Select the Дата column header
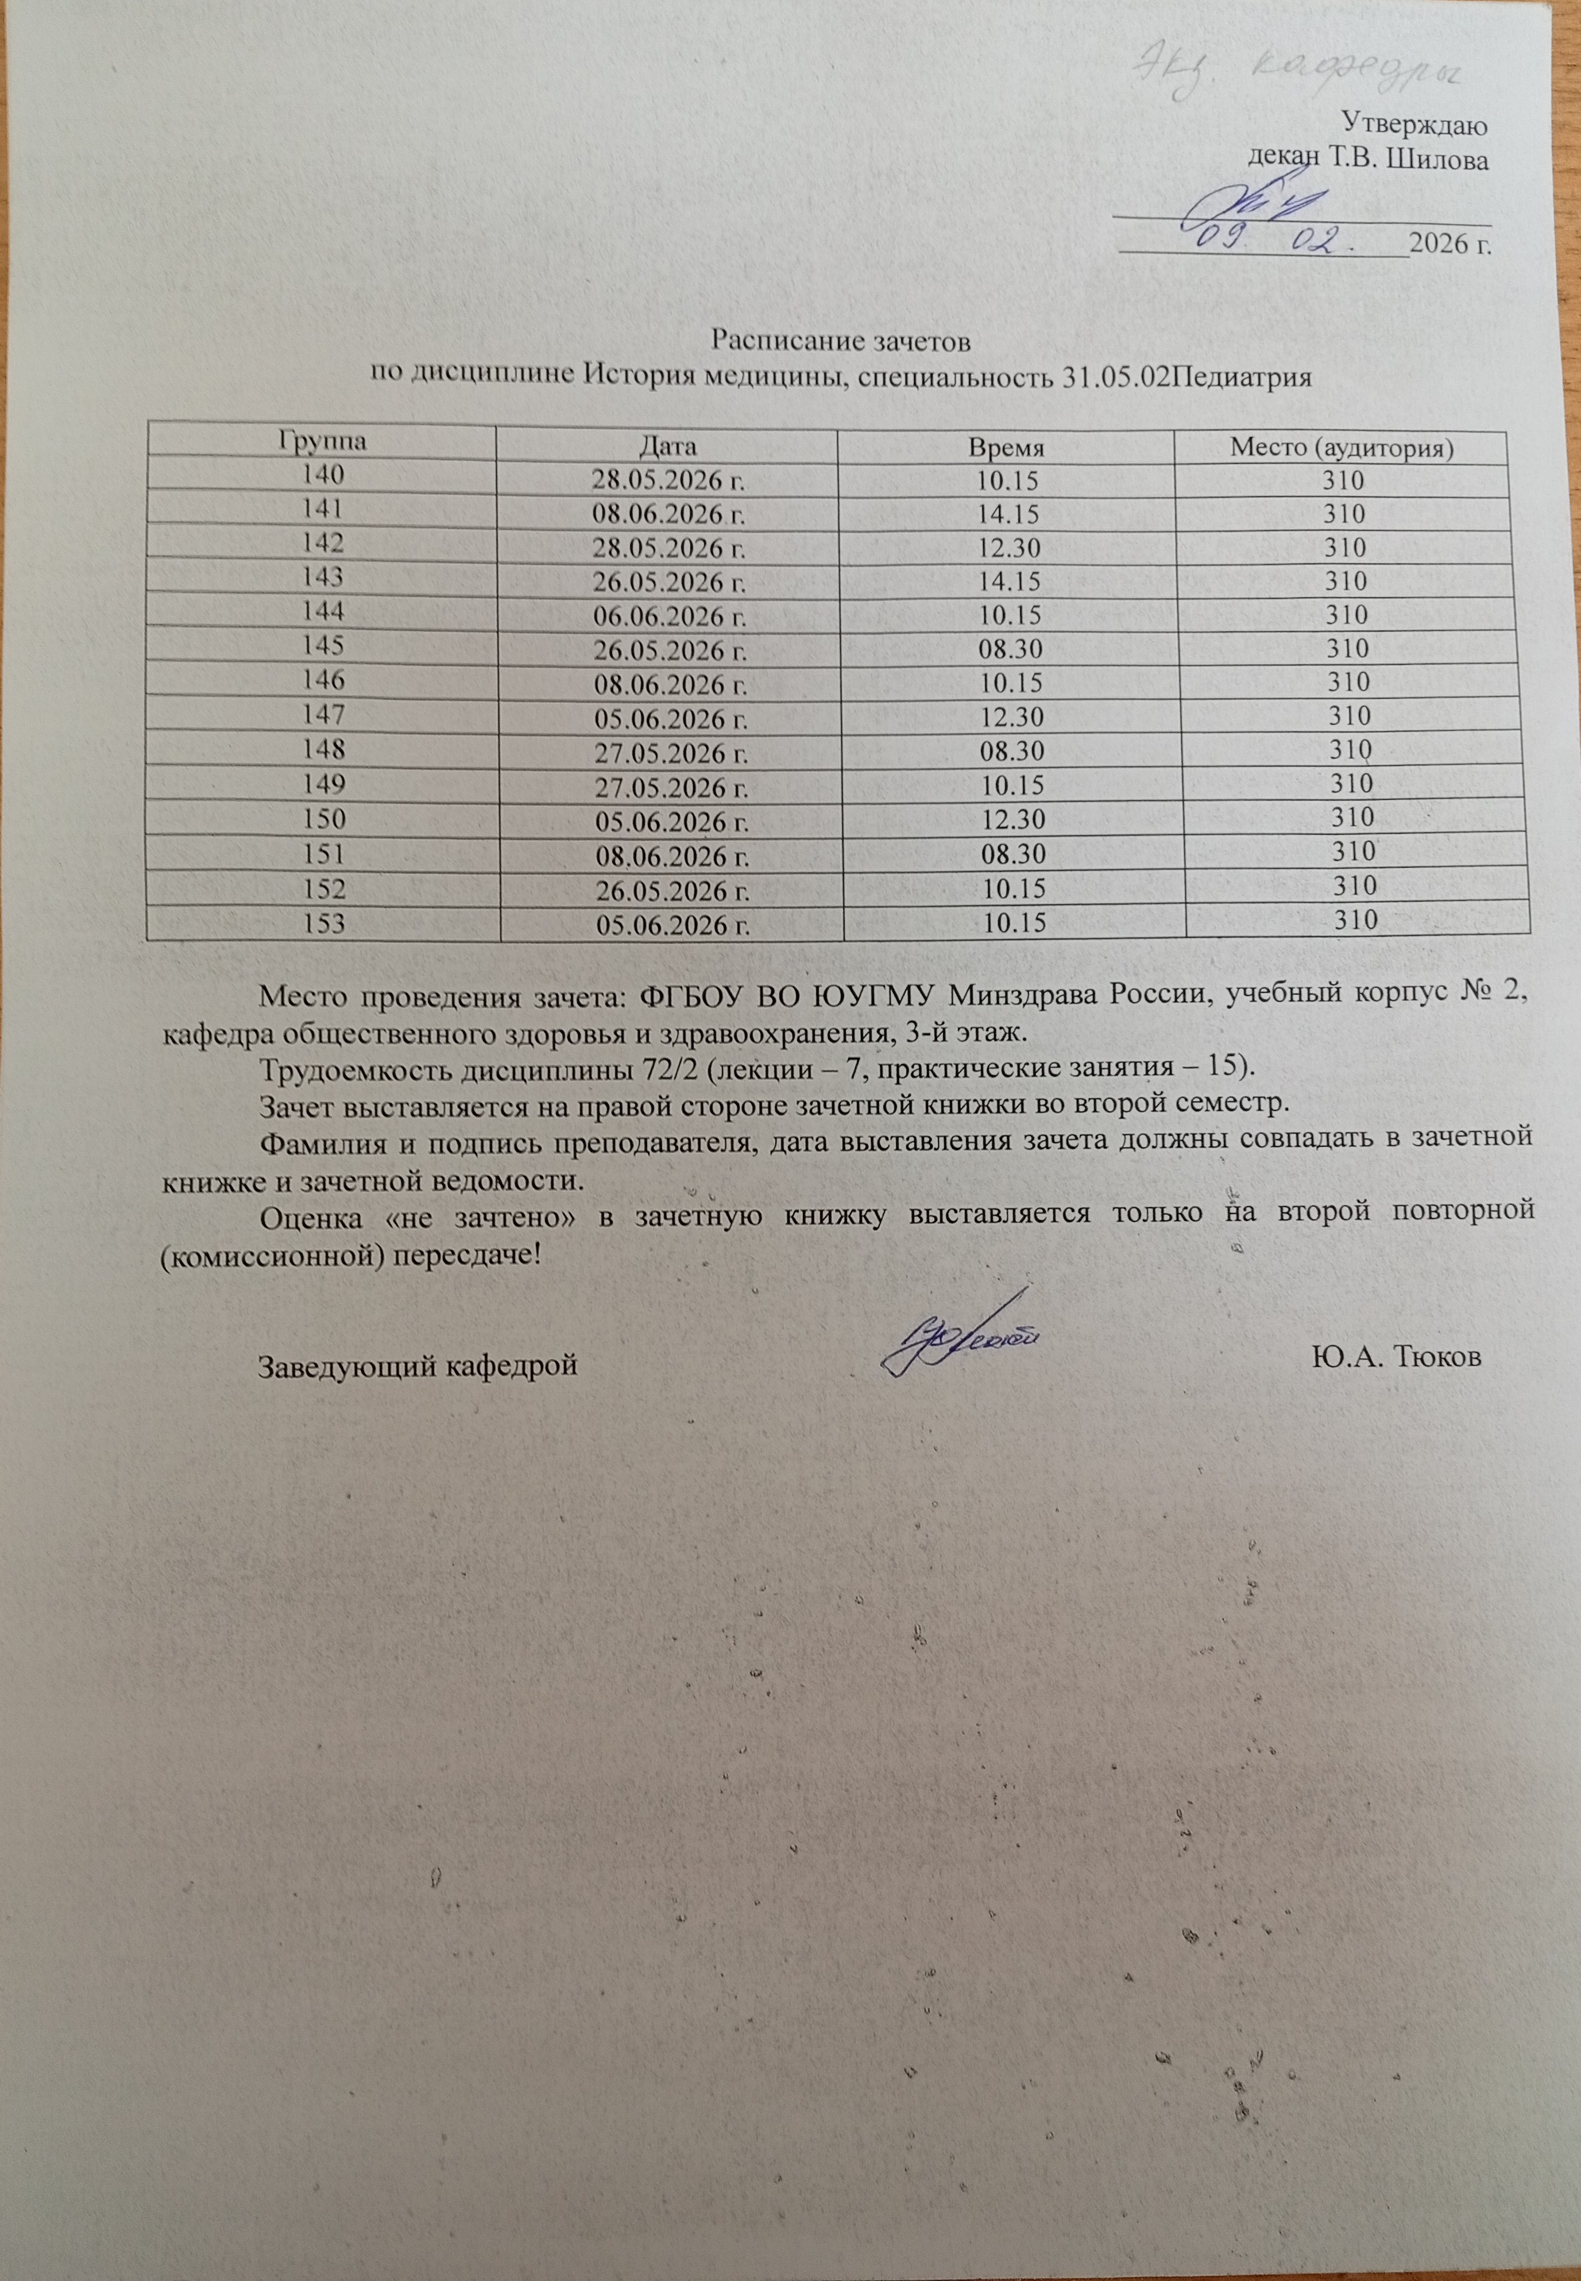pyautogui.click(x=668, y=445)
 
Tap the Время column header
pyautogui.click(x=1007, y=448)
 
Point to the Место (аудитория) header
pyautogui.click(x=1342, y=448)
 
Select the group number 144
pyautogui.click(x=324, y=610)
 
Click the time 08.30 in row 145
pyautogui.click(x=1010, y=649)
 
